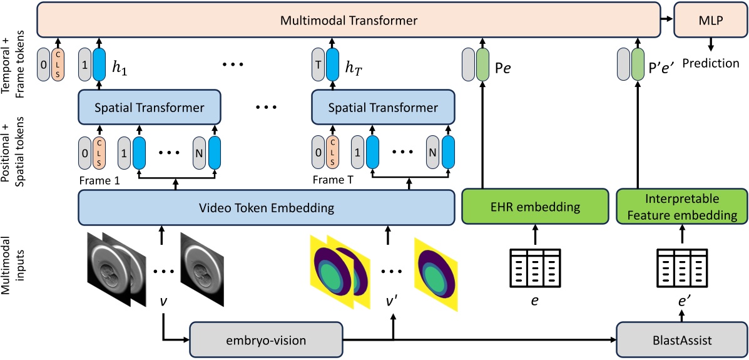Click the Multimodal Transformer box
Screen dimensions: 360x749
pos(349,20)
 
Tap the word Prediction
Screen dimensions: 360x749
pos(711,63)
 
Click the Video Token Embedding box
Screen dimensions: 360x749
pos(266,207)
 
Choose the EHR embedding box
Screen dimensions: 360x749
pos(534,207)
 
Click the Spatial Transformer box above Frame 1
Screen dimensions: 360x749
pos(150,107)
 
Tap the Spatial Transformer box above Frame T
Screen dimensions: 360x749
pos(384,107)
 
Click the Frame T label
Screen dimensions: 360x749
pos(332,178)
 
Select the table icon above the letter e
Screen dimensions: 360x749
pos(534,267)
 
